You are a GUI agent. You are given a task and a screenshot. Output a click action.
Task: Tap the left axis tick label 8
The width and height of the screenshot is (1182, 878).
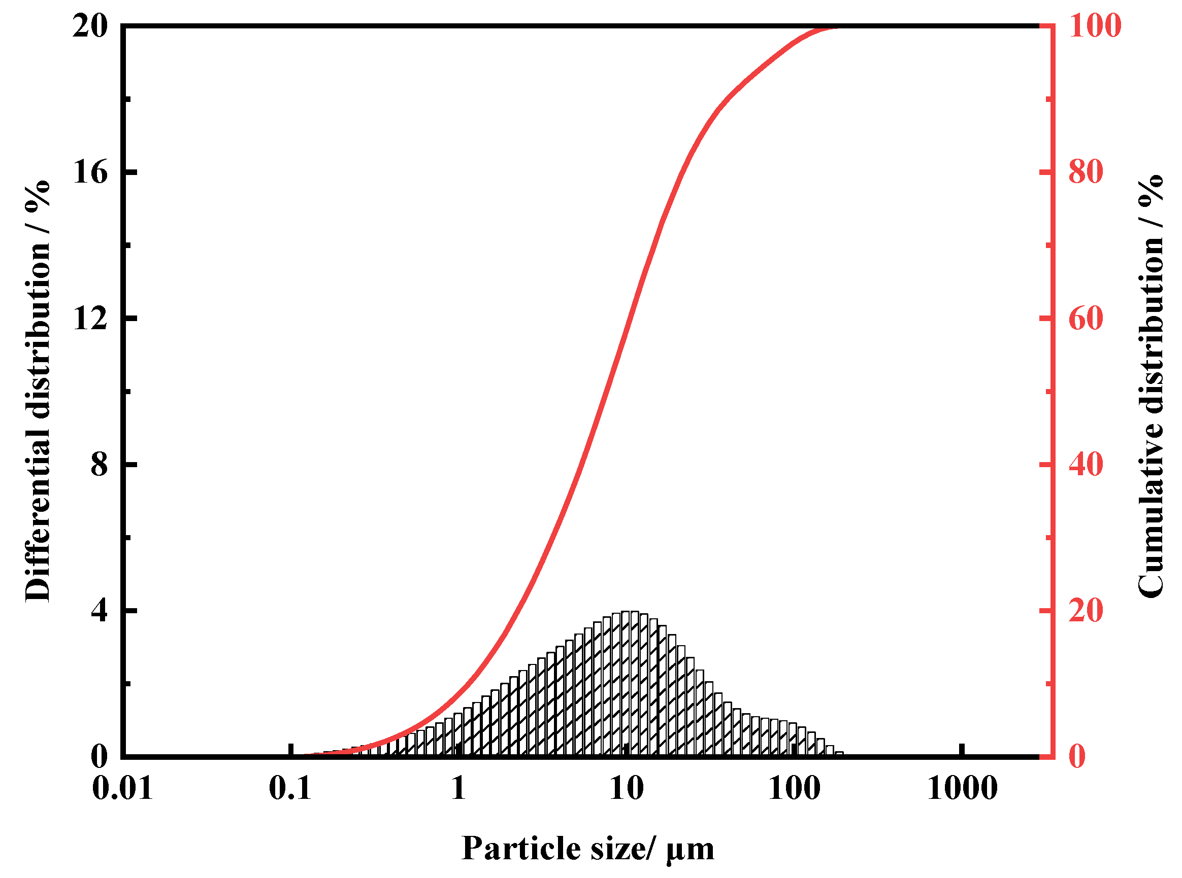[x=99, y=464]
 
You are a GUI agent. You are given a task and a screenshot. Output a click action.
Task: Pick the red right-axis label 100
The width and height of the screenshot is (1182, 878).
[x=1095, y=25]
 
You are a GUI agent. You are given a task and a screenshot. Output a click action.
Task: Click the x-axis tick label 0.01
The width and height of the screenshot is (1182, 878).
[x=122, y=788]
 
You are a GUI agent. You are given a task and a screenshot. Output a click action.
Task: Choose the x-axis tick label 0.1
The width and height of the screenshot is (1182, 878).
[x=290, y=788]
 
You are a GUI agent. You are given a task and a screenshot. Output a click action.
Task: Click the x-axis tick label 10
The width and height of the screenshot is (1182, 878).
[x=626, y=788]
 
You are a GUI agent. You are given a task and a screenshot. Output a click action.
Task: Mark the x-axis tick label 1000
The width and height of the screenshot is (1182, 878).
[x=962, y=788]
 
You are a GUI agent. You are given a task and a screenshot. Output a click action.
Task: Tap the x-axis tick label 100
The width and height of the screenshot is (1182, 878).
[x=794, y=788]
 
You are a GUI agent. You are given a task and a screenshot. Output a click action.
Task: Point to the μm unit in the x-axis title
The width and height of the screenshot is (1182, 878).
[x=690, y=850]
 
